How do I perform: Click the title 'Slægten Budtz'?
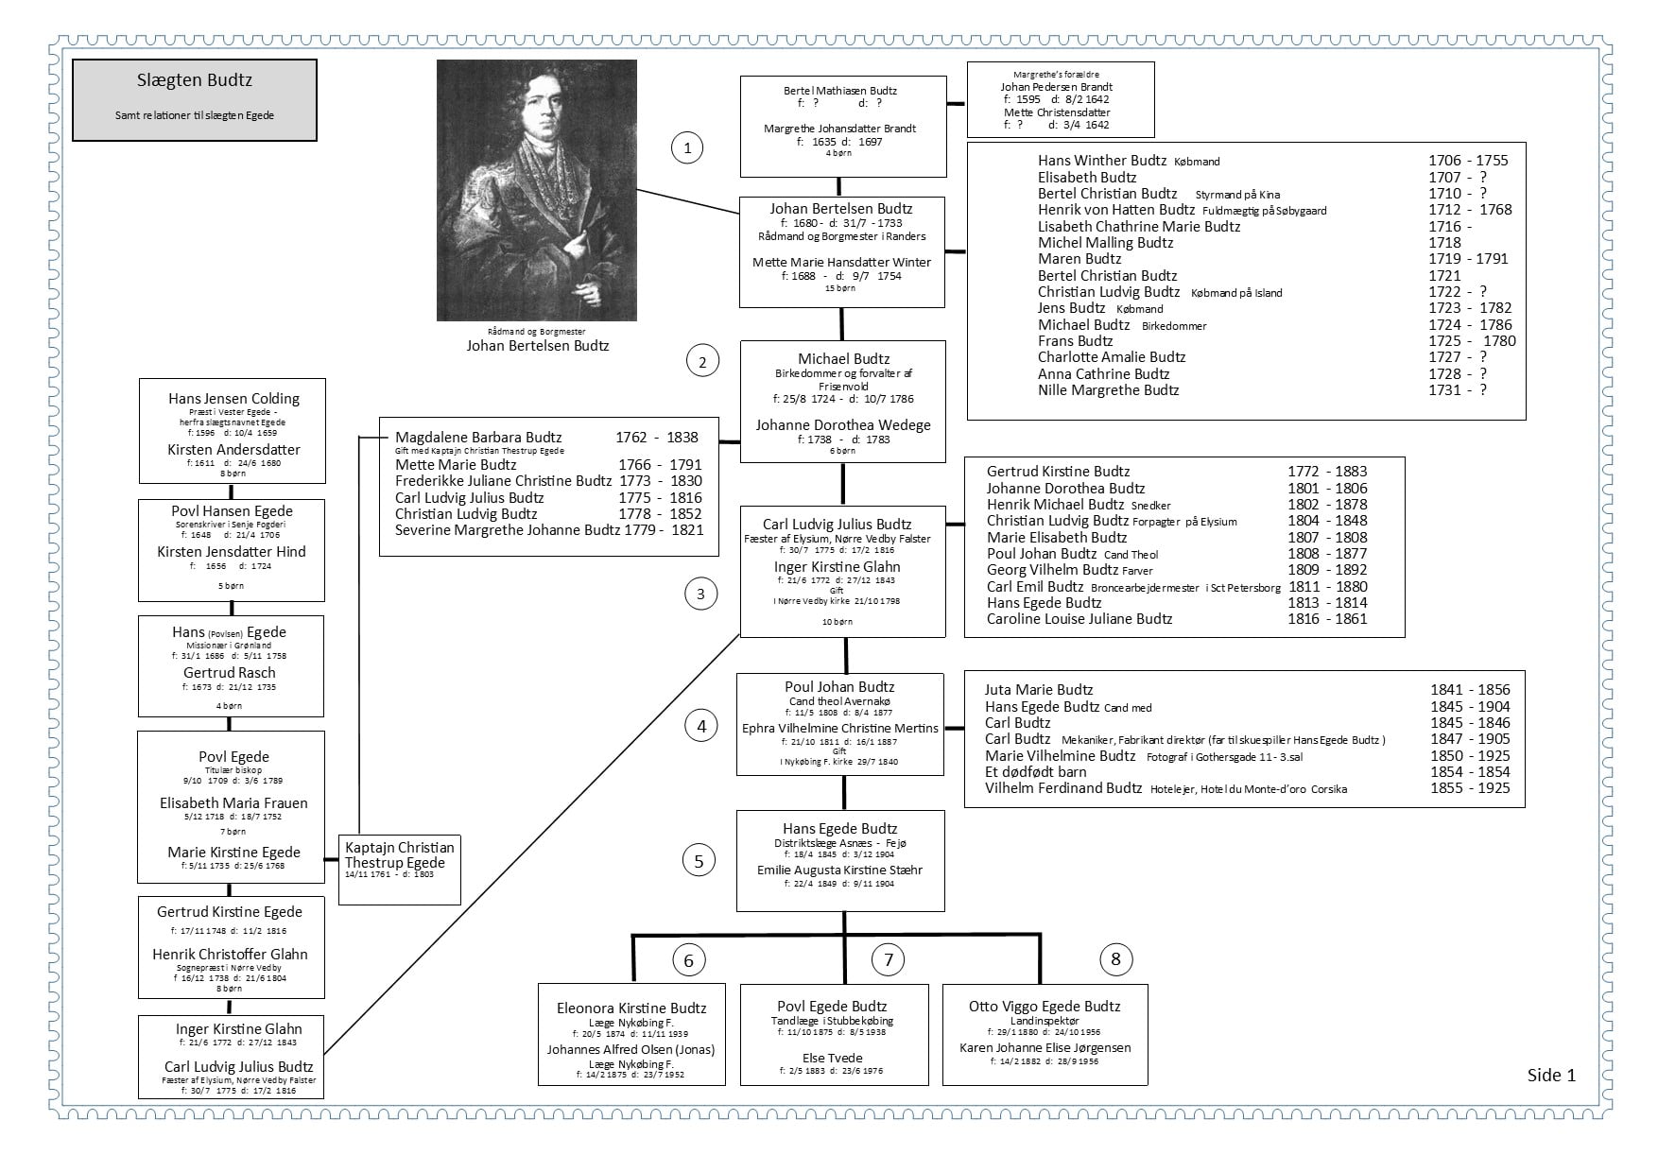tap(194, 81)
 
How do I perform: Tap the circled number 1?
tap(687, 146)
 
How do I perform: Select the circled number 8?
tap(1115, 959)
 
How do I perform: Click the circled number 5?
tap(699, 861)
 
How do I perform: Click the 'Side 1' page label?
tap(1551, 1075)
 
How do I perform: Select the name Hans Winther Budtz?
tap(1101, 161)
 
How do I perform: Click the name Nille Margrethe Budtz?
tap(1108, 390)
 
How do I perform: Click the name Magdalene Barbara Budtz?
tap(478, 438)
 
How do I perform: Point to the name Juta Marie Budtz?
tap(1039, 690)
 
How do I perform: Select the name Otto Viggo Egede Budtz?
tap(1045, 1007)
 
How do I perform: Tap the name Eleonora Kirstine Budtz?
tap(631, 1008)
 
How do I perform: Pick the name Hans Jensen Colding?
tap(233, 399)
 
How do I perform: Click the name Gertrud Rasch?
tap(230, 673)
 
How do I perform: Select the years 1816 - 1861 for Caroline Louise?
tap(1327, 619)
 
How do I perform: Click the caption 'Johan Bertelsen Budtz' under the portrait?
tap(538, 346)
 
